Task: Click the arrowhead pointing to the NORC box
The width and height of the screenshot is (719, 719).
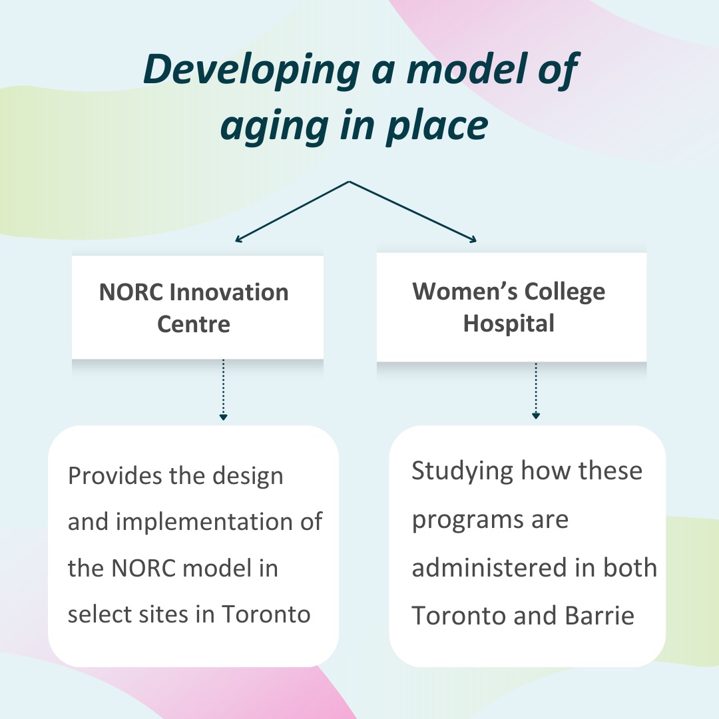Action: coord(238,238)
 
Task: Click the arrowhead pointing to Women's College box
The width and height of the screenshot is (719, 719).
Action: coord(475,239)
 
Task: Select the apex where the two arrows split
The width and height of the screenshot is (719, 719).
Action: coord(350,181)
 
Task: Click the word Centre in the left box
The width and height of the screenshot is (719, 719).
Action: coord(194,324)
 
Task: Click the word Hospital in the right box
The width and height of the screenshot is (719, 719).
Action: coord(509,324)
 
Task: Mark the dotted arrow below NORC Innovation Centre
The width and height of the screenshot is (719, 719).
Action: coord(224,389)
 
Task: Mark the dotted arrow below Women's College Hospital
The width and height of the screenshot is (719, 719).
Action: coord(535,391)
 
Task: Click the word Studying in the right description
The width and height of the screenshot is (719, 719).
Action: coord(462,471)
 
